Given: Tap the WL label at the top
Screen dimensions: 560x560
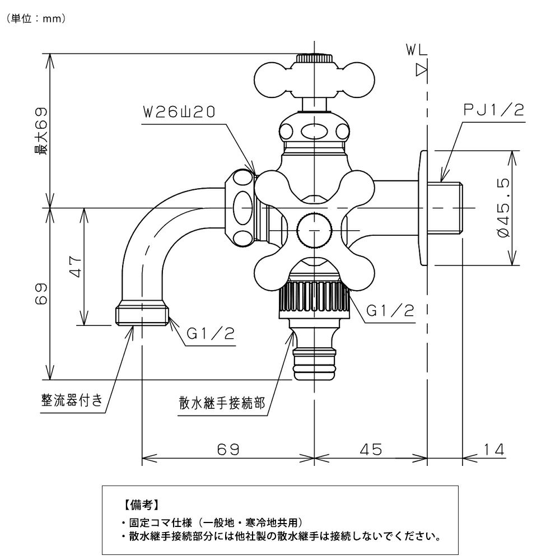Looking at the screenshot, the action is pos(417,50).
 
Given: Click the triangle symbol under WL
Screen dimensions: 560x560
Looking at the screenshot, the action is pos(422,70).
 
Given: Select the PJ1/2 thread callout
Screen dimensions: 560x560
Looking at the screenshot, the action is pos(493,110).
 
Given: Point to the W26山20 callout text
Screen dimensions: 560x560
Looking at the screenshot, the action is pos(179,112).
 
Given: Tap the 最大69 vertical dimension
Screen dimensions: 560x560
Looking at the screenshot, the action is pos(41,131).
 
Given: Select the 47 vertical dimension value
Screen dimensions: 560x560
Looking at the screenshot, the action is pos(76,267).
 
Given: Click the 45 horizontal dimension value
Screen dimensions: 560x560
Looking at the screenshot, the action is pos(371,449).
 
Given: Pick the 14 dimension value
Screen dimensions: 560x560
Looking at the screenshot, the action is pos(494,449).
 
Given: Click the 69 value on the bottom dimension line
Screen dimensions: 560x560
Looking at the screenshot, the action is pos(228,449).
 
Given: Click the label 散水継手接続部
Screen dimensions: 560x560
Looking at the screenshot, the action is pos(222,403).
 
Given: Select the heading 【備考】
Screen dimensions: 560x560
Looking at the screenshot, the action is pos(142,505).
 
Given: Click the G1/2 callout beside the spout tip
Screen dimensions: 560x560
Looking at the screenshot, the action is pos(211,334).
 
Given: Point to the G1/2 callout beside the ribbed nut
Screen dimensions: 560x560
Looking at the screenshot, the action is pos(390,311).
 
